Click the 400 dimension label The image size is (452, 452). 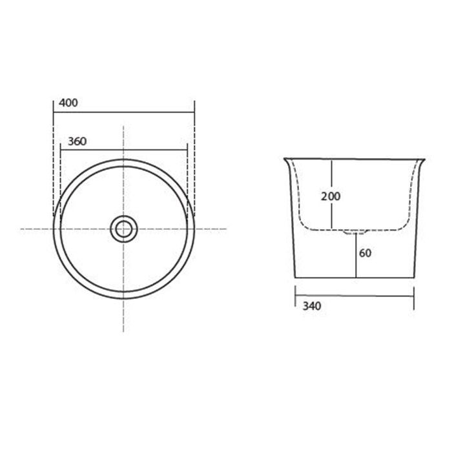pyautogui.click(x=68, y=103)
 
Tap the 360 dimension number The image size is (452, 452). pyautogui.click(x=77, y=141)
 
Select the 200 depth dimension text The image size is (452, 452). pyautogui.click(x=331, y=196)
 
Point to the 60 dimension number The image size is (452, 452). pyautogui.click(x=365, y=253)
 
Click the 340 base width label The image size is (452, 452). pyautogui.click(x=312, y=306)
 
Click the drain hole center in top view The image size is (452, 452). pyautogui.click(x=124, y=229)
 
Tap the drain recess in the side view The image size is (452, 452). pyautogui.click(x=356, y=232)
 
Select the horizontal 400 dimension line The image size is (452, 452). pyautogui.click(x=124, y=112)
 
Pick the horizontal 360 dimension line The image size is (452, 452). pyautogui.click(x=124, y=150)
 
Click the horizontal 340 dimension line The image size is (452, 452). pyautogui.click(x=354, y=296)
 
